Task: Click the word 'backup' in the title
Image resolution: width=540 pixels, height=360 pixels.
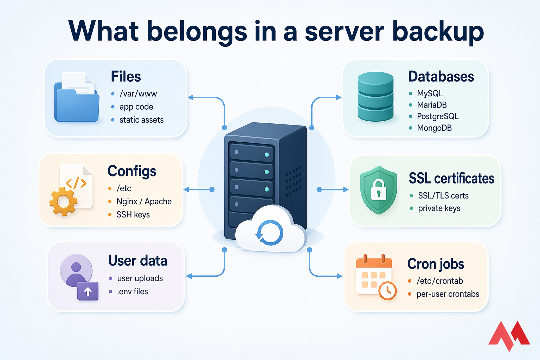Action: click(x=438, y=32)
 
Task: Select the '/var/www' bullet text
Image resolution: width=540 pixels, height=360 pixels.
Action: click(x=138, y=94)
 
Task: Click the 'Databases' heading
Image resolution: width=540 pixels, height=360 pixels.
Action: click(x=441, y=77)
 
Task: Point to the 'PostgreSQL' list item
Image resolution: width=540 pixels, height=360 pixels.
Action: click(x=438, y=116)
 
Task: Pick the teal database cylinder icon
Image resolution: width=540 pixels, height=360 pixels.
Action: click(x=375, y=96)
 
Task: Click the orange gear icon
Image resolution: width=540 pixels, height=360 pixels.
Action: click(x=63, y=201)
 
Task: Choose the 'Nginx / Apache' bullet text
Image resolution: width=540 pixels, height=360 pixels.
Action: click(x=144, y=201)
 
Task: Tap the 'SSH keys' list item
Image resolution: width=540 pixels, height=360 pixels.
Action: click(x=133, y=214)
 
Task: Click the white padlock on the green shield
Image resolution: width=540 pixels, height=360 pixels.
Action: click(x=379, y=190)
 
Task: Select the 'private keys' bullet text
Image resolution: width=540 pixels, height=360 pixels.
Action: click(x=439, y=208)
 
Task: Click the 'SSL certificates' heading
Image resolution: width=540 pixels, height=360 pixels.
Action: click(x=451, y=179)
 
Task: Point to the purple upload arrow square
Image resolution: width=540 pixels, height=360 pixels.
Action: click(x=88, y=291)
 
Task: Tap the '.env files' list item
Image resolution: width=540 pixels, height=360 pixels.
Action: click(x=133, y=291)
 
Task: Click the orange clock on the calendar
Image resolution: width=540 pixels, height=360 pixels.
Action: click(x=387, y=290)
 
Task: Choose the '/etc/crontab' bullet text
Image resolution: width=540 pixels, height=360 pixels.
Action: click(x=440, y=281)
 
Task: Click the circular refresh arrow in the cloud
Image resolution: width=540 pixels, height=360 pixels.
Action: click(x=269, y=233)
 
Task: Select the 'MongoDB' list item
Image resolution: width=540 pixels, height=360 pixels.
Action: click(x=434, y=128)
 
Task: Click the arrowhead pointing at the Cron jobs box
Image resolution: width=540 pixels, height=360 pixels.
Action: click(x=340, y=276)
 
